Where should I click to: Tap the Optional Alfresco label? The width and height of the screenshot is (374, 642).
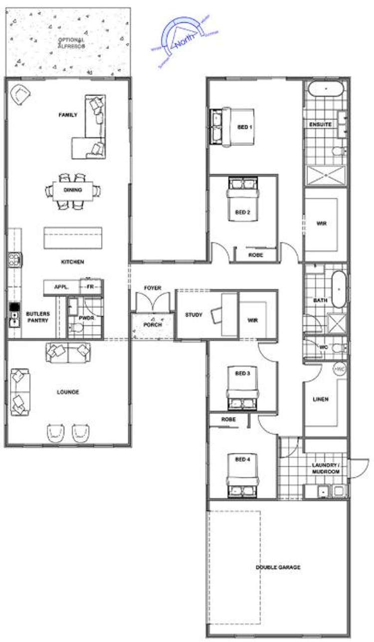tap(71, 42)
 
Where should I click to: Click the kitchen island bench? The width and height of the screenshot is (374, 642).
tap(73, 237)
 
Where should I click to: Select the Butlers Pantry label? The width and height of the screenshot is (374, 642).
tap(38, 317)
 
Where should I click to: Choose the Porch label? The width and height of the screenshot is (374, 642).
tap(152, 325)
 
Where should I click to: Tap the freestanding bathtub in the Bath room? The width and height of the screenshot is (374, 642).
tap(339, 289)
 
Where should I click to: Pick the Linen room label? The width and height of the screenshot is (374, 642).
tap(320, 400)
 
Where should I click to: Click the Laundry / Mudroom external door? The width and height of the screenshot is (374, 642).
tap(356, 469)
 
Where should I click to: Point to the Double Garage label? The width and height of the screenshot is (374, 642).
tap(278, 568)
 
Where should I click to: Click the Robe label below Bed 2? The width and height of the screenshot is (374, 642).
tap(255, 255)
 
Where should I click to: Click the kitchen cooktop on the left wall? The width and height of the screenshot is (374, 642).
tap(14, 259)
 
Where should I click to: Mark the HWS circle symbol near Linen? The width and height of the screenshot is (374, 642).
tap(339, 369)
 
